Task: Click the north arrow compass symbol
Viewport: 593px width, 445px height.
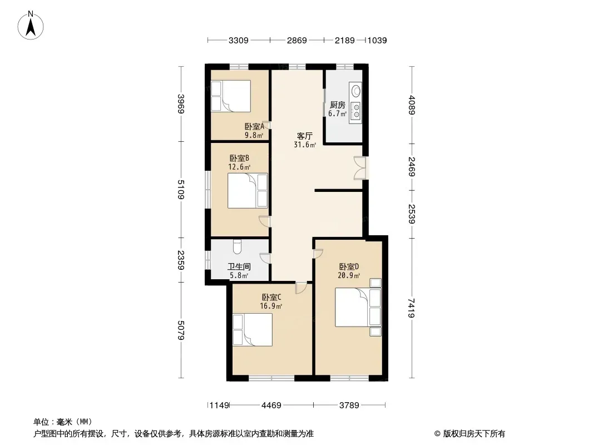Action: [x=31, y=26]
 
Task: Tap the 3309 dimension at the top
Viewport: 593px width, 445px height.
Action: [x=238, y=40]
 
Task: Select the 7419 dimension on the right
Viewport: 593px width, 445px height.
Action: [x=412, y=308]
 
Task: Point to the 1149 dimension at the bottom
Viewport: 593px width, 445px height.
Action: [x=219, y=406]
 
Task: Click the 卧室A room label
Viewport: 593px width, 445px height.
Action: [x=254, y=127]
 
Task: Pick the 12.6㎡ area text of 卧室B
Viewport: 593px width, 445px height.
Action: [x=239, y=167]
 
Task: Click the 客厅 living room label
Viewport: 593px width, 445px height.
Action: [x=304, y=136]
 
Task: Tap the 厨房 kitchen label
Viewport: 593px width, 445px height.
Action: [x=337, y=105]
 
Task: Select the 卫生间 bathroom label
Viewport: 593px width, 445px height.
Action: [x=239, y=266]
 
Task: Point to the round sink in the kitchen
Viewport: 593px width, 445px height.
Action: [x=356, y=91]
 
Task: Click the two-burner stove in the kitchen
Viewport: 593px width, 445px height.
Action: [x=356, y=110]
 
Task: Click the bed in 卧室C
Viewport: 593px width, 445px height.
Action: [x=252, y=330]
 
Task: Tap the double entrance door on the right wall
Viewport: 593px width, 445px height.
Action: [x=360, y=167]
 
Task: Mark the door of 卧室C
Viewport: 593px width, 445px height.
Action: [x=302, y=288]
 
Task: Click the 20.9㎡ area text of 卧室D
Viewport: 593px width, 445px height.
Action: [x=349, y=275]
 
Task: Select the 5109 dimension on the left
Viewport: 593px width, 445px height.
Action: [x=181, y=190]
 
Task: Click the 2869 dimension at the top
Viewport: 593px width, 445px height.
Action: [x=297, y=40]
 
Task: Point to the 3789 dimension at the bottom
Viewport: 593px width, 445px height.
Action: [x=349, y=406]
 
